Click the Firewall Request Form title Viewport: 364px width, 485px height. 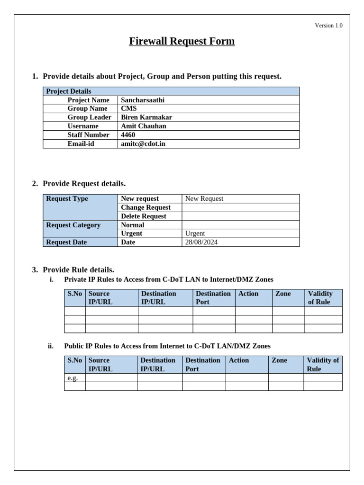(182, 41)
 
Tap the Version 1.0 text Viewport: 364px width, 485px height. (328, 26)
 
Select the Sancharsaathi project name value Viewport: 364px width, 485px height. (143, 100)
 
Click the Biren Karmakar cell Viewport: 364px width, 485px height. (146, 117)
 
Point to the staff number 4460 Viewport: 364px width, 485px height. (128, 135)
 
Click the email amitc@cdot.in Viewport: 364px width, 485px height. (143, 144)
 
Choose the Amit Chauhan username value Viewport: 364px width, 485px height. (144, 126)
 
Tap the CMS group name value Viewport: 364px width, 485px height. (128, 108)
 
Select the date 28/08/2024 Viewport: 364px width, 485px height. (201, 242)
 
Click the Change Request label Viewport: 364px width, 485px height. (146, 207)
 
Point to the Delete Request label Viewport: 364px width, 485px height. (144, 216)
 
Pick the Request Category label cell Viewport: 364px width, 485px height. (73, 225)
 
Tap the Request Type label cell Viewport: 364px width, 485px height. (67, 199)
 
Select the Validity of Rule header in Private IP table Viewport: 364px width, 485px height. (320, 297)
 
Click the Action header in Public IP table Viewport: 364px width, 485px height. (239, 360)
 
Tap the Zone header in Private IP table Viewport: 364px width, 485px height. (283, 294)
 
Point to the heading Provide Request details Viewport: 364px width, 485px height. (84, 183)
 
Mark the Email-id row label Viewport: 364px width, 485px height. (81, 144)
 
